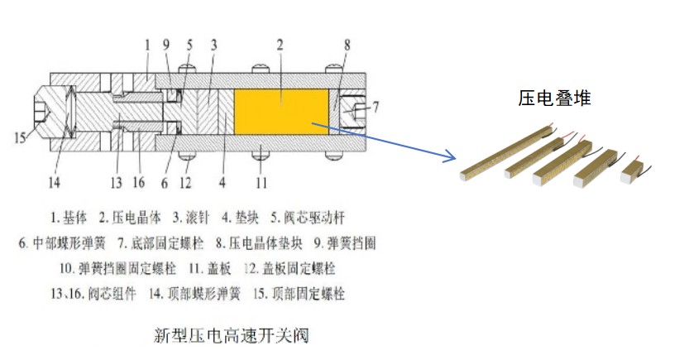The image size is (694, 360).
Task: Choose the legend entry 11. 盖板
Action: click(211, 268)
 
